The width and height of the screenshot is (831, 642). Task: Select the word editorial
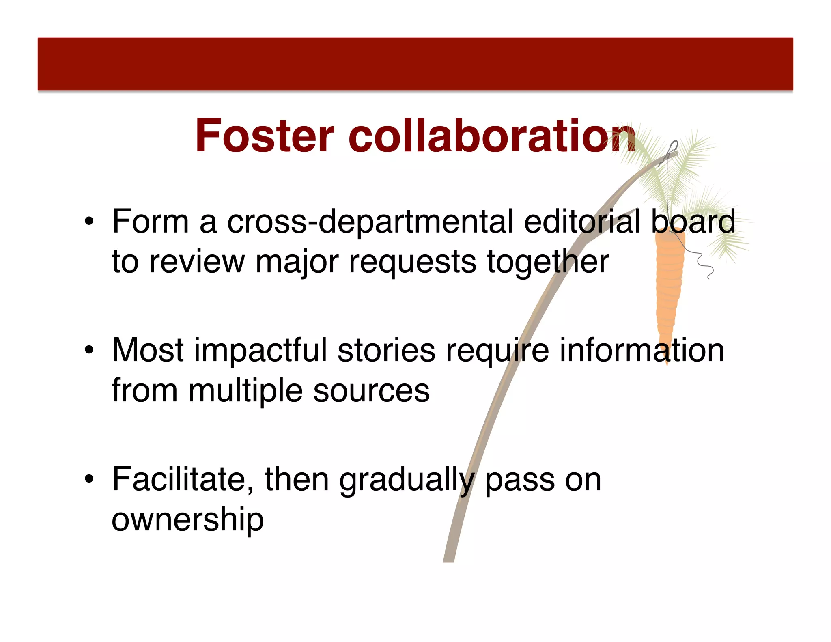click(582, 222)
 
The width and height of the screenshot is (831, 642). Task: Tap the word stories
click(386, 350)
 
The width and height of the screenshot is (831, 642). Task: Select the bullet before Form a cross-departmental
click(89, 222)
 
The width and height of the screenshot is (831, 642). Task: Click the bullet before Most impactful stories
click(89, 351)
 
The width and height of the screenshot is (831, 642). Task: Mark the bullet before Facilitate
click(89, 480)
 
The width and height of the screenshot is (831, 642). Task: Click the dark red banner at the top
click(415, 64)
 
